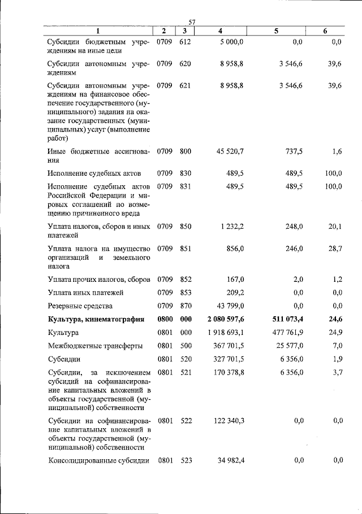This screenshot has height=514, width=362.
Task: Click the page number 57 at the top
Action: tap(192, 21)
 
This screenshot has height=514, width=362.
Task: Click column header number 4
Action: tap(220, 31)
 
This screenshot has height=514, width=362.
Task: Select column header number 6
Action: tap(325, 31)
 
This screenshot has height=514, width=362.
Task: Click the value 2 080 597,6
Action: tap(226, 320)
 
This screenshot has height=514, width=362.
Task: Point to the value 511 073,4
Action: tap(287, 320)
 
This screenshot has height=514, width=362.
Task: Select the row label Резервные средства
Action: tap(80, 306)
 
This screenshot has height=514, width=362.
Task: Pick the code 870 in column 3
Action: tap(186, 306)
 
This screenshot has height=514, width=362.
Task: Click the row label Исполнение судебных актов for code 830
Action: tap(94, 173)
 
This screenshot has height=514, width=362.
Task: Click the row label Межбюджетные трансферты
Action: tap(87, 346)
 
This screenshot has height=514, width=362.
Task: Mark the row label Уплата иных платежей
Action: tap(85, 293)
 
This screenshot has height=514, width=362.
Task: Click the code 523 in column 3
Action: tap(186, 460)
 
